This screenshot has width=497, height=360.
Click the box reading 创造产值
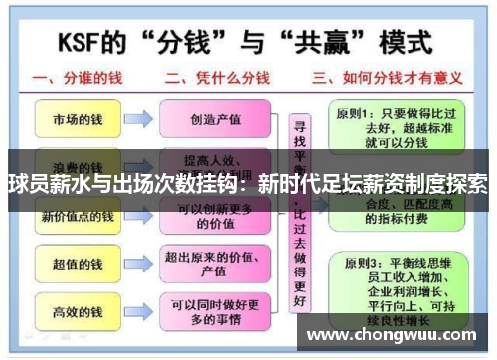coord(215,119)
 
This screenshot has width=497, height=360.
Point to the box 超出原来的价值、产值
coord(215,265)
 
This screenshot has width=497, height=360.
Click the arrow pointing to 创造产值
coord(140,119)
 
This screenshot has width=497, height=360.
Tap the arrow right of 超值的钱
coord(140,265)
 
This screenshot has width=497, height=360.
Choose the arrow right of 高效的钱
coord(140,312)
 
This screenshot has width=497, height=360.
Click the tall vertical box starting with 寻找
coord(297,214)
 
